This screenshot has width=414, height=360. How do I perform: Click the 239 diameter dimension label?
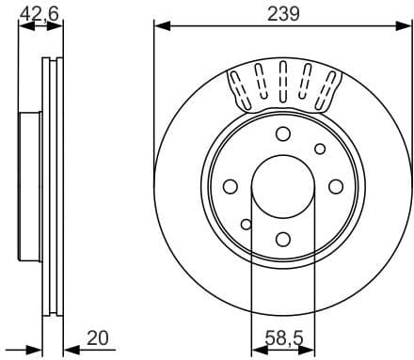coord(281,13)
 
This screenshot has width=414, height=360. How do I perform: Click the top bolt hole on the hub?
coord(282,133)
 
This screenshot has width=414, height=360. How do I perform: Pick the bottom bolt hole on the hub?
coord(282,241)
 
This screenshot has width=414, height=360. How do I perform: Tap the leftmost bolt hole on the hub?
coord(229,187)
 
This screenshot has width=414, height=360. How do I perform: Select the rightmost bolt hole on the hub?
coord(336,187)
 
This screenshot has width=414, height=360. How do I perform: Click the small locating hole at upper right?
coord(320,149)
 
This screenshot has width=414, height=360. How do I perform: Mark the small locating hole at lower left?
coord(246,224)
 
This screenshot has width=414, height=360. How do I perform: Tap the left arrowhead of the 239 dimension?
coord(159,25)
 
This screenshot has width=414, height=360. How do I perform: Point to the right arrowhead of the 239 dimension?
coord(404,25)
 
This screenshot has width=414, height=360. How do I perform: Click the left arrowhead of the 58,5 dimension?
coord(257,349)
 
